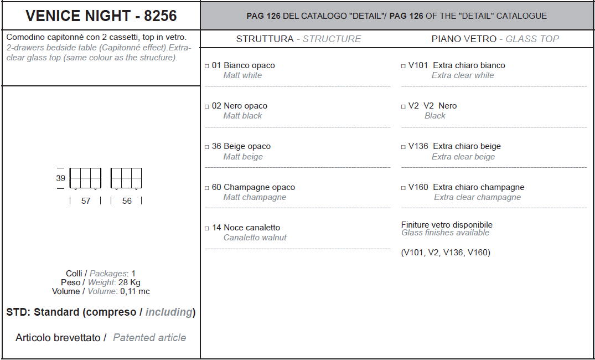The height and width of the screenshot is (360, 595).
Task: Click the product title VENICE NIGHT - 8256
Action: pyautogui.click(x=101, y=16)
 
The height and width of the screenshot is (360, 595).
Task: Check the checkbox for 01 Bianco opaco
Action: pyautogui.click(x=207, y=66)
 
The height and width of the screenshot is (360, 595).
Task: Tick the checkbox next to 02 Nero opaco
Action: pyautogui.click(x=207, y=107)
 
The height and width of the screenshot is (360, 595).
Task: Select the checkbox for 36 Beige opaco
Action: pyautogui.click(x=207, y=147)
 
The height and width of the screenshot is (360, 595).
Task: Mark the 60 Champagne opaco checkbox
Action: pyautogui.click(x=207, y=188)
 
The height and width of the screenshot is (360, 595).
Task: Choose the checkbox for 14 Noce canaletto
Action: pyautogui.click(x=207, y=229)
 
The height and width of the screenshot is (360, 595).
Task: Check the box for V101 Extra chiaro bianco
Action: pyautogui.click(x=403, y=66)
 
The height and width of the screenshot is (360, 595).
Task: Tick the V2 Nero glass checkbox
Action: pyautogui.click(x=403, y=107)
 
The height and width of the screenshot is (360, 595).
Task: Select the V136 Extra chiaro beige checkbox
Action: pyautogui.click(x=403, y=147)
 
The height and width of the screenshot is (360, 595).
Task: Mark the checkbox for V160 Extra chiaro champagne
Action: pyautogui.click(x=403, y=188)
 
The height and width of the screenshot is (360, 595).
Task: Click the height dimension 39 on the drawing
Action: pyautogui.click(x=61, y=178)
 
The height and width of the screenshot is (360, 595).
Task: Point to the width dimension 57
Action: pyautogui.click(x=86, y=201)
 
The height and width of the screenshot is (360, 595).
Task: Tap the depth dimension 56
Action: pyautogui.click(x=127, y=201)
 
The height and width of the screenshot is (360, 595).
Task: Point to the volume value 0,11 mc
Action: pyautogui.click(x=134, y=292)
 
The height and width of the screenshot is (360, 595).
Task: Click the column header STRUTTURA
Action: pyautogui.click(x=265, y=39)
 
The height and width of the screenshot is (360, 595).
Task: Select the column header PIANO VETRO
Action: pyautogui.click(x=464, y=39)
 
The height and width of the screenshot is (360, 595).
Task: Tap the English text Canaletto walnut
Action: pyautogui.click(x=255, y=238)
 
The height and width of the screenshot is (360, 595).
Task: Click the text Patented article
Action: pyautogui.click(x=149, y=338)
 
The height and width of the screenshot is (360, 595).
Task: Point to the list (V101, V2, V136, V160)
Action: pyautogui.click(x=446, y=253)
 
